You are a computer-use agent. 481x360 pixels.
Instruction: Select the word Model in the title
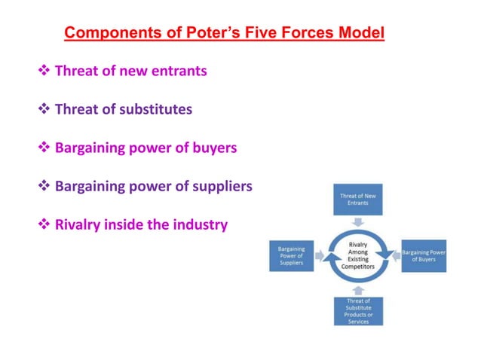360,33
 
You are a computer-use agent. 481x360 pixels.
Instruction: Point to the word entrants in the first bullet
179,72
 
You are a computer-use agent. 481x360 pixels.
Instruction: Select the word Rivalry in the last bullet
78,224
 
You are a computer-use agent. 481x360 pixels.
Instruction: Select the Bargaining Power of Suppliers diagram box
292,255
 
